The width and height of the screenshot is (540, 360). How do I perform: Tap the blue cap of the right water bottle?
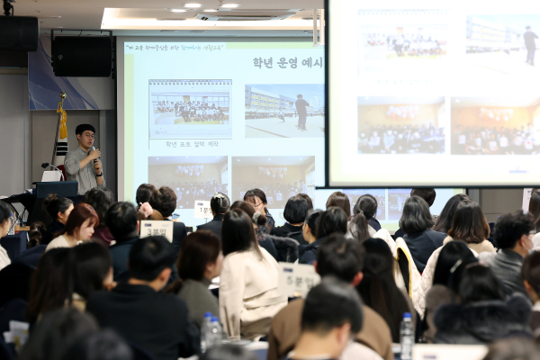407,317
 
